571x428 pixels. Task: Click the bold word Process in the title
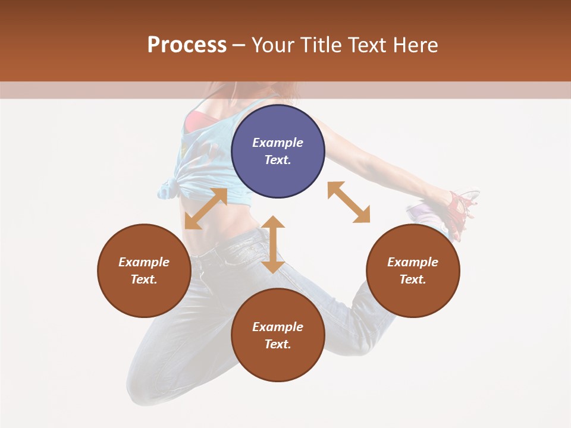point(187,45)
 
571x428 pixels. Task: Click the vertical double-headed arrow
point(274,245)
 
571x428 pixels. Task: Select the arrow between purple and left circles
point(206,209)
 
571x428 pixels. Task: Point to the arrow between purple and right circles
point(349,202)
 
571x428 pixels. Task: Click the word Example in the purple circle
point(278,143)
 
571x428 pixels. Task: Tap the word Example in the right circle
point(413,262)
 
